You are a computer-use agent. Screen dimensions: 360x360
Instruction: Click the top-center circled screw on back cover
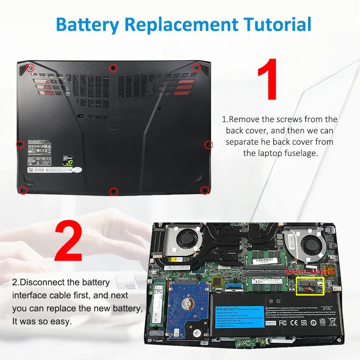[113, 68]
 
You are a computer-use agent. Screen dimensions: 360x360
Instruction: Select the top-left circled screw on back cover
[31, 68]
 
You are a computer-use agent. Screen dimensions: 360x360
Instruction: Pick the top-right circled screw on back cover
[196, 67]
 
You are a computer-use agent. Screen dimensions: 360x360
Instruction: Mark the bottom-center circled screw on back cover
[113, 191]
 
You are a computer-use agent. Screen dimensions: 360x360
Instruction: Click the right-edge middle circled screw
[208, 145]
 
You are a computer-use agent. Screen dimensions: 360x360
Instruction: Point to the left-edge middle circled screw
[21, 144]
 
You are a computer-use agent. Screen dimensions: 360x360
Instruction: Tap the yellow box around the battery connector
[310, 286]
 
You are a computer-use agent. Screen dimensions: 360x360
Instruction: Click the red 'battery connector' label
[310, 272]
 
